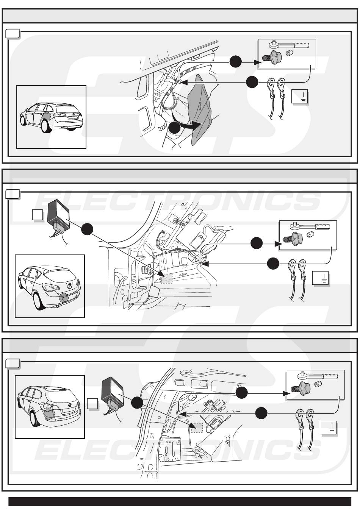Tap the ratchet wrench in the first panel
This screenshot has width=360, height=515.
click(289, 44)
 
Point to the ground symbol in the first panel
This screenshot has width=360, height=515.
click(299, 96)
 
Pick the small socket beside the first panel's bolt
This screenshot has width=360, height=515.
click(288, 53)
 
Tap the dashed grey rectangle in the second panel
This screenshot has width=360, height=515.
click(166, 278)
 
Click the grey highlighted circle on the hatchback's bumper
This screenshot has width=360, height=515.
click(64, 298)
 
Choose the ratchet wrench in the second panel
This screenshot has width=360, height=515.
click(310, 226)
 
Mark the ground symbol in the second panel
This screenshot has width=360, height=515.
click(321, 278)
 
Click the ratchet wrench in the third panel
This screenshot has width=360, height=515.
click(318, 376)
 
